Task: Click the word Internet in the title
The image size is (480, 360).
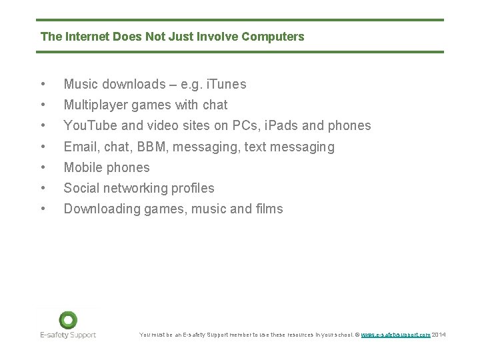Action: click(x=85, y=37)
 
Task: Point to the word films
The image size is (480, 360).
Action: click(x=269, y=209)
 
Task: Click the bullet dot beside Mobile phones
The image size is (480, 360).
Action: click(x=43, y=167)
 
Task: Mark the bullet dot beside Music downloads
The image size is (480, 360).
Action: click(x=43, y=84)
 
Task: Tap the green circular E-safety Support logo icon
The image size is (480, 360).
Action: click(x=67, y=320)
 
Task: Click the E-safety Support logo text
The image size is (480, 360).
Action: click(x=67, y=335)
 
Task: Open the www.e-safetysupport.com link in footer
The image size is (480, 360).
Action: click(x=395, y=335)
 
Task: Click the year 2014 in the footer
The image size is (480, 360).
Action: click(x=439, y=335)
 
